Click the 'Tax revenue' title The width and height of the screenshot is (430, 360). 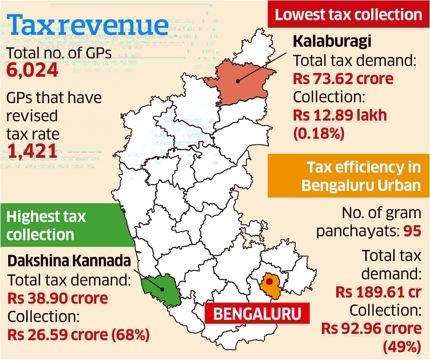(x=88, y=25)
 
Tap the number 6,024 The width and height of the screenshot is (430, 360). (x=32, y=71)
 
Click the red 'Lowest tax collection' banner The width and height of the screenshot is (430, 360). (x=348, y=14)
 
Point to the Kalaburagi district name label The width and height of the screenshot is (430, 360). (x=332, y=42)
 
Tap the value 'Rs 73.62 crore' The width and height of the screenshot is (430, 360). (x=343, y=78)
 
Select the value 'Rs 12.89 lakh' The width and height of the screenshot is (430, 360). (x=340, y=115)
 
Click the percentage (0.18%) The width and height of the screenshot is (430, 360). (x=319, y=133)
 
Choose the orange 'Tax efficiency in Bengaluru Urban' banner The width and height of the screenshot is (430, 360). (x=348, y=175)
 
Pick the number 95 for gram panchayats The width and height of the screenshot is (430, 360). (x=412, y=231)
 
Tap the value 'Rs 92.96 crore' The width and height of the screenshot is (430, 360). (x=371, y=328)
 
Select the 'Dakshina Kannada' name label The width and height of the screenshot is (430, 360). (x=69, y=261)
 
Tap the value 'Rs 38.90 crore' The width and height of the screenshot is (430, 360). (x=57, y=298)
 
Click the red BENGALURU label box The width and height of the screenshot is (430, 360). (x=257, y=314)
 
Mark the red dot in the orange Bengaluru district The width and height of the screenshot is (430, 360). (x=269, y=282)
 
